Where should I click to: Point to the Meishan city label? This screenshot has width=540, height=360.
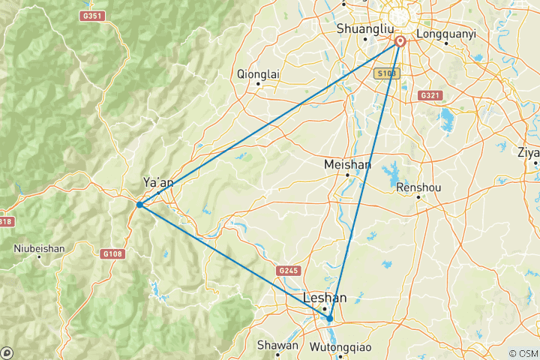(x=346, y=164)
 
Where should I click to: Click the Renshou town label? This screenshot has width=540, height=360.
(x=418, y=187)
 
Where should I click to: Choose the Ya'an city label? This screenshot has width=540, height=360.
(x=158, y=182)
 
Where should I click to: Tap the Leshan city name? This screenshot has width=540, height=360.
(x=325, y=298)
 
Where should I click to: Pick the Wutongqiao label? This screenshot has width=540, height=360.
(x=339, y=346)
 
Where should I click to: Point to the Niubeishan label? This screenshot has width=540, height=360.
(x=39, y=247)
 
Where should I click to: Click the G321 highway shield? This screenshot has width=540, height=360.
(x=430, y=95)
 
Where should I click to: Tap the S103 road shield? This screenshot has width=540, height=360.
(x=385, y=73)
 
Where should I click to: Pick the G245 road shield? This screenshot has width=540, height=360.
(x=287, y=270)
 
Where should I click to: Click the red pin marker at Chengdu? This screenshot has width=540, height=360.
(x=400, y=42)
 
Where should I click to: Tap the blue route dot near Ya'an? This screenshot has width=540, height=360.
(x=140, y=204)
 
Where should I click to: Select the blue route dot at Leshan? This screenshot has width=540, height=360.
(x=329, y=319)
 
